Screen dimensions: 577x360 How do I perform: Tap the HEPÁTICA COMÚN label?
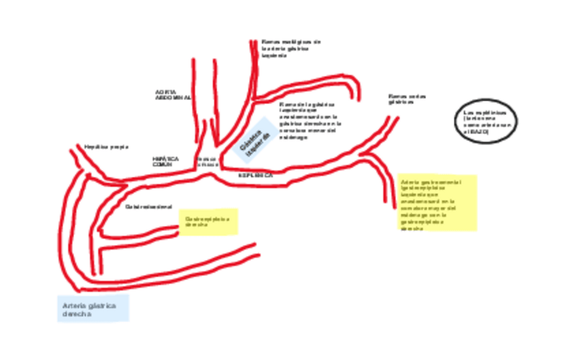point(165,161)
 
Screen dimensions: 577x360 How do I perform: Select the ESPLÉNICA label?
point(255,175)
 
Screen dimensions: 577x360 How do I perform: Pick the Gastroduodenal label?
point(148,206)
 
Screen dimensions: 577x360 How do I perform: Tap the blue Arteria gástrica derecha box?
point(93,310)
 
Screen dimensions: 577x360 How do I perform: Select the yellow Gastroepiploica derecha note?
point(209,222)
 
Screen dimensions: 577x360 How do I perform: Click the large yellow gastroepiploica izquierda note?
point(438,203)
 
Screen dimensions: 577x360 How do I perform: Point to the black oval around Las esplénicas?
point(486,122)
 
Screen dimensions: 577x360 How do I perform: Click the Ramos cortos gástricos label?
point(407,99)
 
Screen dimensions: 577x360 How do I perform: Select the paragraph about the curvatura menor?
point(310,121)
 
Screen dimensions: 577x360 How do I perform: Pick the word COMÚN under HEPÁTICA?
point(163,165)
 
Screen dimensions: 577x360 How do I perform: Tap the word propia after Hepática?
point(118,146)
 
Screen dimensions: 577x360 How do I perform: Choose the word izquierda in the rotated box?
point(259,145)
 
